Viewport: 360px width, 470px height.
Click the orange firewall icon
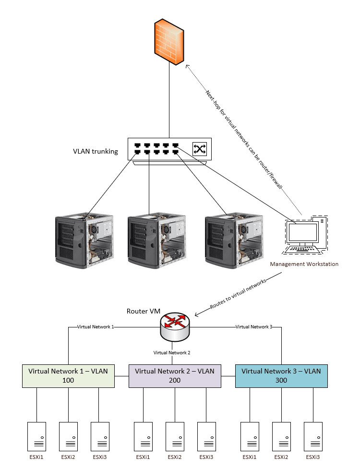tap(169, 42)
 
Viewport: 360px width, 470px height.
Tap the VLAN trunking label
tap(96, 151)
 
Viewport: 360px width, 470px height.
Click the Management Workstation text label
tap(304, 264)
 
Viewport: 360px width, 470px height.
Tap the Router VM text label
tap(143, 311)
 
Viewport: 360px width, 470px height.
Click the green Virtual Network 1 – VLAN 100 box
tap(68, 375)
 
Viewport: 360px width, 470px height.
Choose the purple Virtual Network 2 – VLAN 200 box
tap(175, 375)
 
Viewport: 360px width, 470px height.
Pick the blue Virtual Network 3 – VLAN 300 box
tap(281, 375)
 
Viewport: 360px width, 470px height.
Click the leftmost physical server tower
tap(84, 240)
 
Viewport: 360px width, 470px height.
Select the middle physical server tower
tap(155, 240)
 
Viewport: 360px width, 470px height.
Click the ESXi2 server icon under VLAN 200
tap(175, 436)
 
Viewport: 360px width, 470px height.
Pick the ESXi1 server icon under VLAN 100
tap(36, 436)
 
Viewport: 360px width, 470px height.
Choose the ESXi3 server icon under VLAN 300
tap(312, 436)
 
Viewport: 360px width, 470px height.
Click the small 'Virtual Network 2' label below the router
tap(172, 352)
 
